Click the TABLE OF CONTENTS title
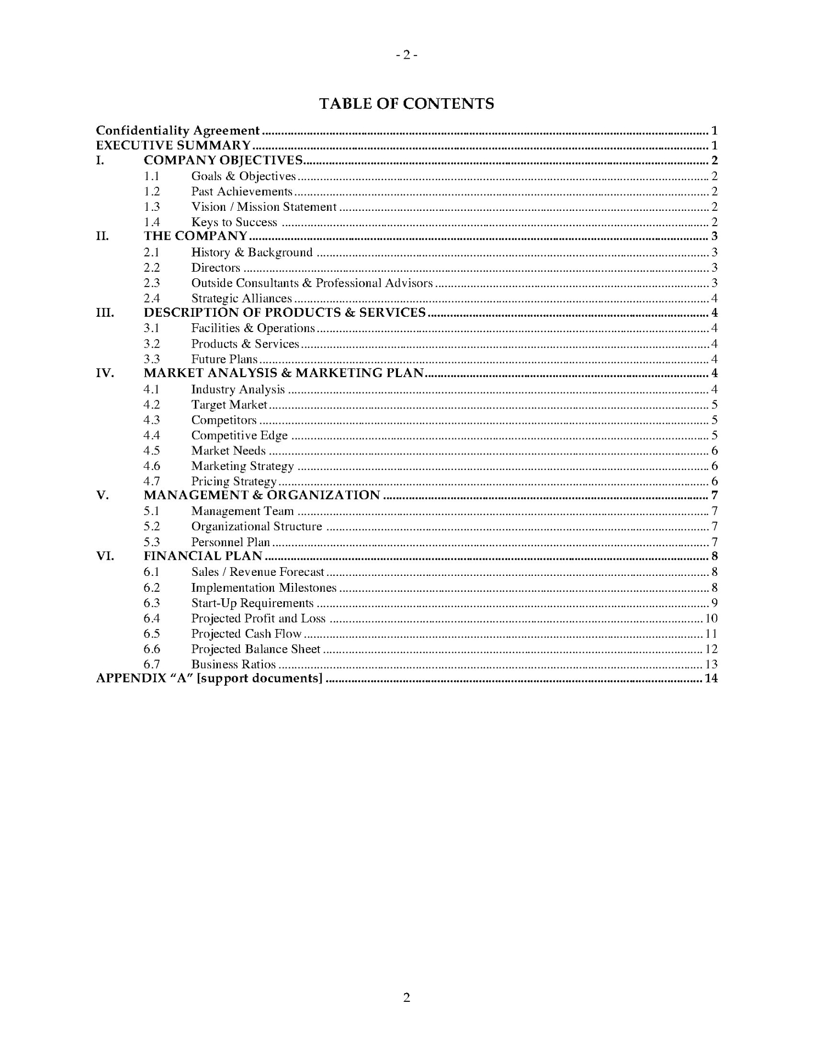[406, 104]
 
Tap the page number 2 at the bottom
[407, 997]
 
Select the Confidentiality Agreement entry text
[177, 131]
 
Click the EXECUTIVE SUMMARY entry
[173, 145]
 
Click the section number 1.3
[151, 207]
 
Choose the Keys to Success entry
[234, 222]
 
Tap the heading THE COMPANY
[195, 236]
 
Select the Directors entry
[216, 268]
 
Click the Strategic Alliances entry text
[242, 299]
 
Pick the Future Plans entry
[224, 359]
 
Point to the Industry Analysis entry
[238, 390]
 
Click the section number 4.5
[151, 451]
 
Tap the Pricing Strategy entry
[234, 481]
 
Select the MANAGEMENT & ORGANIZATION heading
[262, 495]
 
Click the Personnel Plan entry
[231, 542]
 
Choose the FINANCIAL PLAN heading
[203, 556]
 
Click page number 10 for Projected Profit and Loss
[711, 619]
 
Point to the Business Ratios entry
[233, 665]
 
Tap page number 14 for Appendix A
[711, 679]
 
